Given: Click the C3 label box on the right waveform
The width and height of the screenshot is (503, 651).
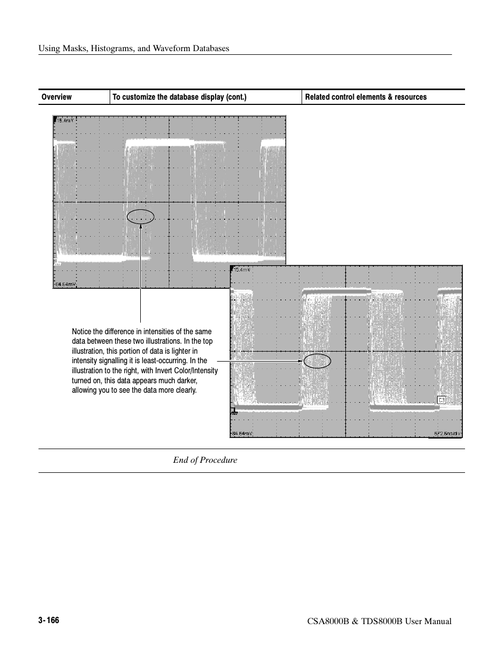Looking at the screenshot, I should point(442,400).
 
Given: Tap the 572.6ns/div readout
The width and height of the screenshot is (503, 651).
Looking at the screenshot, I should point(448,434).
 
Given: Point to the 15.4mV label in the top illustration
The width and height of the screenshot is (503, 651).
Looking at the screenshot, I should point(65,120).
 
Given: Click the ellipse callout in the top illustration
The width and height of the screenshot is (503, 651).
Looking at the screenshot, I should point(141,216).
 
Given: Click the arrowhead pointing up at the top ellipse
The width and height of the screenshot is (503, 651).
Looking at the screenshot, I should point(141,226).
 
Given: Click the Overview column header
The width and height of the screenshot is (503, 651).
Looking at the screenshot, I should point(56,97).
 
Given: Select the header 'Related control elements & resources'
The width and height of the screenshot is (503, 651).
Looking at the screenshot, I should point(366,97).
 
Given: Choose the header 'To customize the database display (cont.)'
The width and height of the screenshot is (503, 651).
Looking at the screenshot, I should point(179,97).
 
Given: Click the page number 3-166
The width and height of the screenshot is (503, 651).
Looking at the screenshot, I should point(49,620).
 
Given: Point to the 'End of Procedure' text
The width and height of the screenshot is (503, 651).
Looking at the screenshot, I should point(205,460).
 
